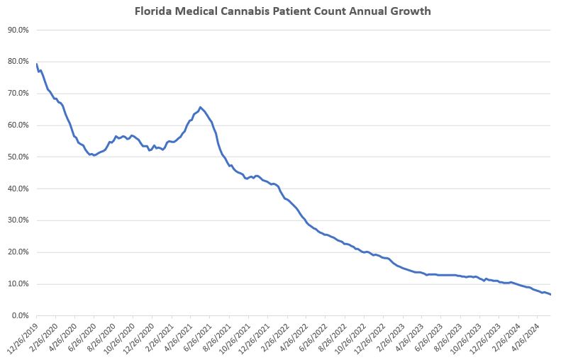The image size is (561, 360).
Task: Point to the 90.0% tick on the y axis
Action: pos(18,30)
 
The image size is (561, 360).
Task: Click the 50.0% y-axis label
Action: pos(18,157)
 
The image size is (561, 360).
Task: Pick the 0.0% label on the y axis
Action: pos(20,315)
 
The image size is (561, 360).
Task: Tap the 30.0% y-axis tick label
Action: pos(18,220)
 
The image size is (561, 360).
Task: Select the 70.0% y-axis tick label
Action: pos(18,94)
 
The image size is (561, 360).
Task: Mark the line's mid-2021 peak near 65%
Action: pos(200,107)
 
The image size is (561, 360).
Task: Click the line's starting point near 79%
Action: pos(36,64)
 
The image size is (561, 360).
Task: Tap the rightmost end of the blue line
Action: pos(550,294)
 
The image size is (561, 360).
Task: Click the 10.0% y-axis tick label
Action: pos(18,283)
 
